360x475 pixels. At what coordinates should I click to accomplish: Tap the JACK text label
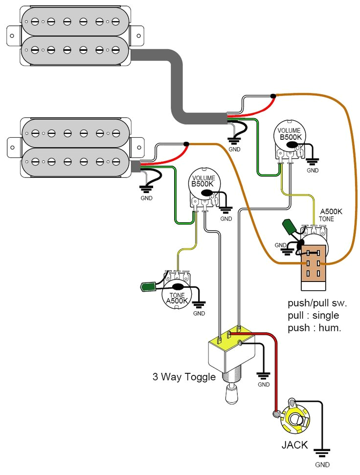click(294, 445)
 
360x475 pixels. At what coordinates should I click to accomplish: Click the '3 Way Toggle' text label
click(183, 377)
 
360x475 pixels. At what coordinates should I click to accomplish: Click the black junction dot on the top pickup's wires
click(273, 96)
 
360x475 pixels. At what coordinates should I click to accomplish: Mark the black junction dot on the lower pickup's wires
click(186, 144)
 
